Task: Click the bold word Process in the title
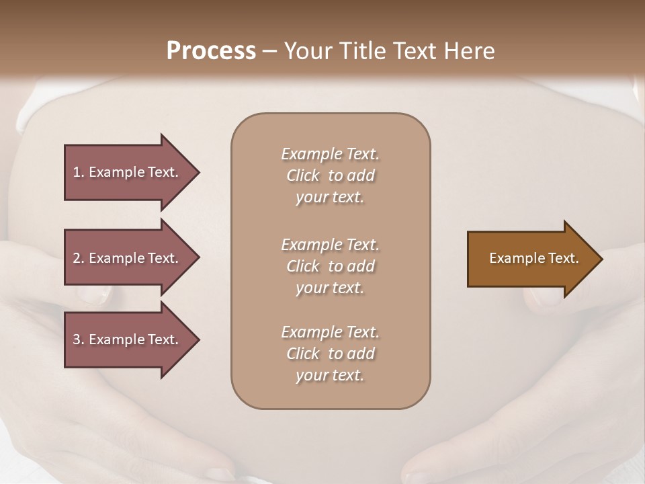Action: (x=211, y=50)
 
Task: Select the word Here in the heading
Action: (x=470, y=50)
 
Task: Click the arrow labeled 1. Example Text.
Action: (x=128, y=172)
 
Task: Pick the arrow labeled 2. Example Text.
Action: (x=128, y=258)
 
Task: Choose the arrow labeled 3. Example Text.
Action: (x=128, y=339)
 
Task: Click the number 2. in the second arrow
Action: (x=79, y=258)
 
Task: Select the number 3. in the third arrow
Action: (x=79, y=339)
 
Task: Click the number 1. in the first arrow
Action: (x=78, y=172)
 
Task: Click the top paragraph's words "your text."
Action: (x=330, y=198)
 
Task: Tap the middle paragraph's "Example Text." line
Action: (x=330, y=245)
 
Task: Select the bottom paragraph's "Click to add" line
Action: (x=330, y=354)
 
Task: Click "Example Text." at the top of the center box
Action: (x=330, y=154)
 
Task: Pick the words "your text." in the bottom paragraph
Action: (x=330, y=376)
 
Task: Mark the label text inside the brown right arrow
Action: (x=534, y=258)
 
